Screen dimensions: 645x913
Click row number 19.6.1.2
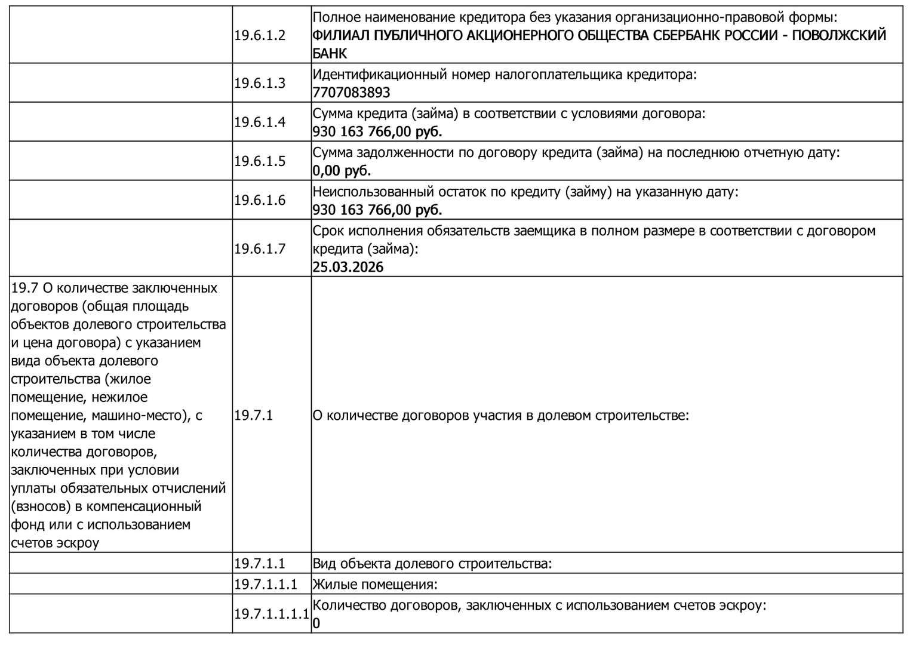pos(260,35)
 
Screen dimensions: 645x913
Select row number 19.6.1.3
pos(260,84)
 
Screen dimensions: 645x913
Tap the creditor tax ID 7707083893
pos(351,93)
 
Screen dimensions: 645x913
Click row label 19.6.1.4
pos(260,122)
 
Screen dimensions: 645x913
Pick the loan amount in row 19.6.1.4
pos(377,131)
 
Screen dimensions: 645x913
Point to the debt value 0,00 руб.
pos(342,171)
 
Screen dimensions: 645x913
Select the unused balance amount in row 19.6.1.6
pos(377,210)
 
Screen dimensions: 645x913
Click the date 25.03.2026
pos(348,267)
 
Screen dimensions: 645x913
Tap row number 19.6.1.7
pos(260,248)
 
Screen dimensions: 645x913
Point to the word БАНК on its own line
pos(329,53)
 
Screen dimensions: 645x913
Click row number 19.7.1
pos(253,415)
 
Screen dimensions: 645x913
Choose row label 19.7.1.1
pos(259,563)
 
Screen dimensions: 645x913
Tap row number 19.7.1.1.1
pos(265,584)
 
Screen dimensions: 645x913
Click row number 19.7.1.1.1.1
pos(271,613)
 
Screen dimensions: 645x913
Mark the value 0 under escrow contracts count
pos(316,623)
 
